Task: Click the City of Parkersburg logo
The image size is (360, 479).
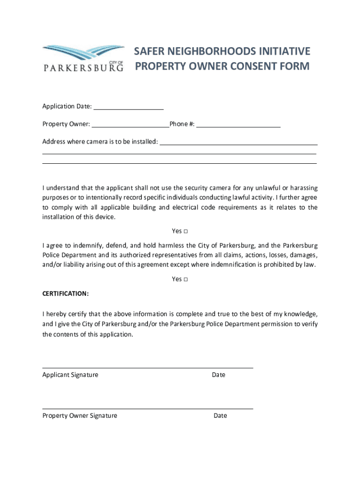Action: click(83, 58)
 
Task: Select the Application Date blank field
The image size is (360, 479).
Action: click(129, 107)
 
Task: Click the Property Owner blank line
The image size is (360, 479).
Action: click(130, 124)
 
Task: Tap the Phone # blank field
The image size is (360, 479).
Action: click(238, 124)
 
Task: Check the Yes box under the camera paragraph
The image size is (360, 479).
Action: click(186, 232)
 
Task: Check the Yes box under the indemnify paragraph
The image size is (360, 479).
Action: click(186, 280)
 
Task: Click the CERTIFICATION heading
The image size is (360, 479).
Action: click(65, 294)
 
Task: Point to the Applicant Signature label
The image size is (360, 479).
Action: click(70, 375)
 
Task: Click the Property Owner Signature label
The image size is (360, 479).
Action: click(79, 416)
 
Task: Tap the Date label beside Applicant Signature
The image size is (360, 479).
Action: click(218, 375)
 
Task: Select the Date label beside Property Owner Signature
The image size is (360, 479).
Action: click(220, 416)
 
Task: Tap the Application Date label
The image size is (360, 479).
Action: click(67, 107)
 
